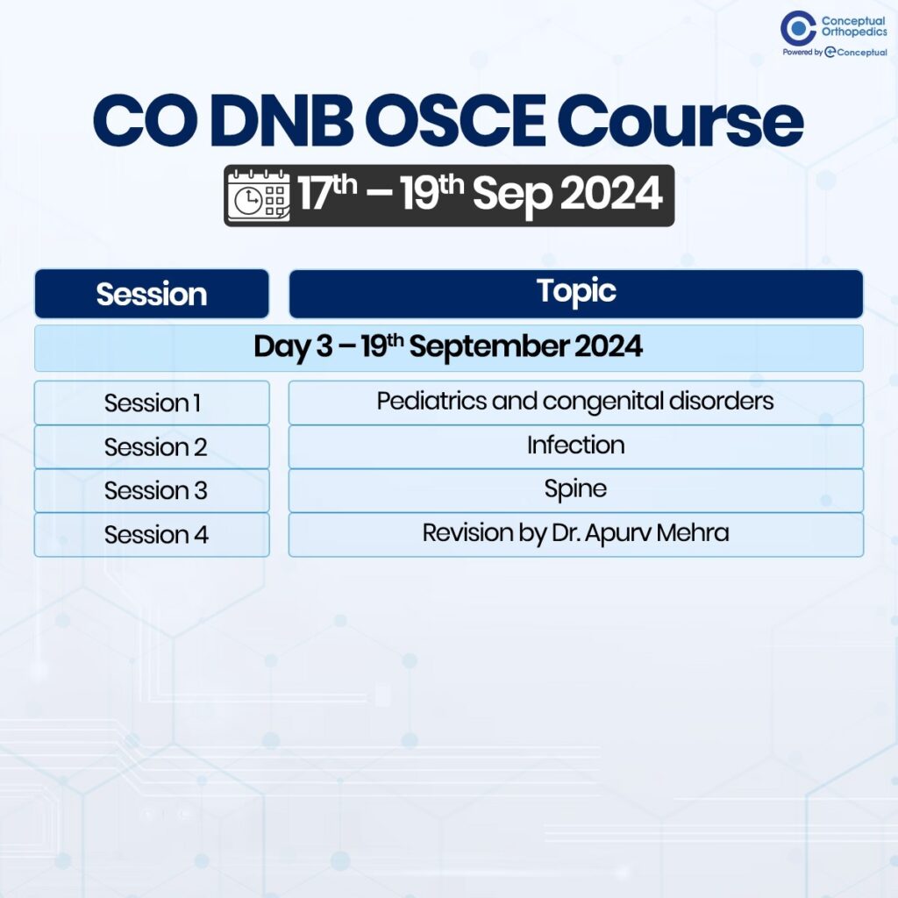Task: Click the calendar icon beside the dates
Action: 259,195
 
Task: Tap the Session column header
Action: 152,294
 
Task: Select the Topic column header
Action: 576,294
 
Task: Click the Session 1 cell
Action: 152,403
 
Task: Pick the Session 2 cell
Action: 152,446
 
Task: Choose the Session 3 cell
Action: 152,491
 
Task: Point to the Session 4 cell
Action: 152,535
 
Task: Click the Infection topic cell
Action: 576,446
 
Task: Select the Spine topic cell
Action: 576,491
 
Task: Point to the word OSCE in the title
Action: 456,121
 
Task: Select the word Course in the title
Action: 681,121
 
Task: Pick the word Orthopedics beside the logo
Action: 854,32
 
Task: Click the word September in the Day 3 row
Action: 488,347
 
